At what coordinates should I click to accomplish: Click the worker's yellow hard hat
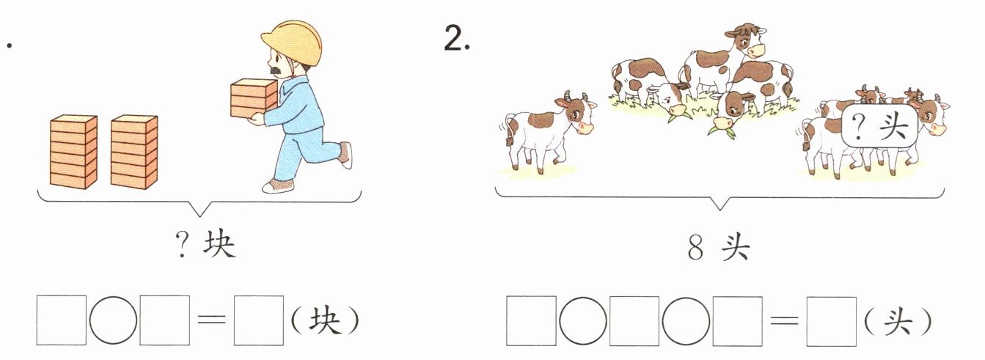point(292,43)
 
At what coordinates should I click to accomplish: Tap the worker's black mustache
point(277,70)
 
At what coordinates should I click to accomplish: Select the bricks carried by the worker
point(254,98)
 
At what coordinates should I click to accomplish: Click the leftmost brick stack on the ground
point(73,152)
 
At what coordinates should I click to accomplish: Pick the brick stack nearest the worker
point(134,152)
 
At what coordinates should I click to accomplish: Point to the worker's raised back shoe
point(346,155)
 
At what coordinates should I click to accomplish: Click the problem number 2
point(457,37)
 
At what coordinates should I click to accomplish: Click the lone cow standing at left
point(547,134)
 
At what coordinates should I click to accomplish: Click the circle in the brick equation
point(113,320)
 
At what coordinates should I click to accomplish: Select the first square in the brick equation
point(62,320)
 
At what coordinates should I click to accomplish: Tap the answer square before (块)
point(259,320)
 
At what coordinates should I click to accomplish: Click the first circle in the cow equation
point(582,321)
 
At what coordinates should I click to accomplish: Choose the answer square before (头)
point(832,321)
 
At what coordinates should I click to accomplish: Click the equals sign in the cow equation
point(784,321)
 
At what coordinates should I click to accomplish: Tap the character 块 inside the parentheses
point(324,321)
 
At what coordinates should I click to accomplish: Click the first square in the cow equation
point(531,321)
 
